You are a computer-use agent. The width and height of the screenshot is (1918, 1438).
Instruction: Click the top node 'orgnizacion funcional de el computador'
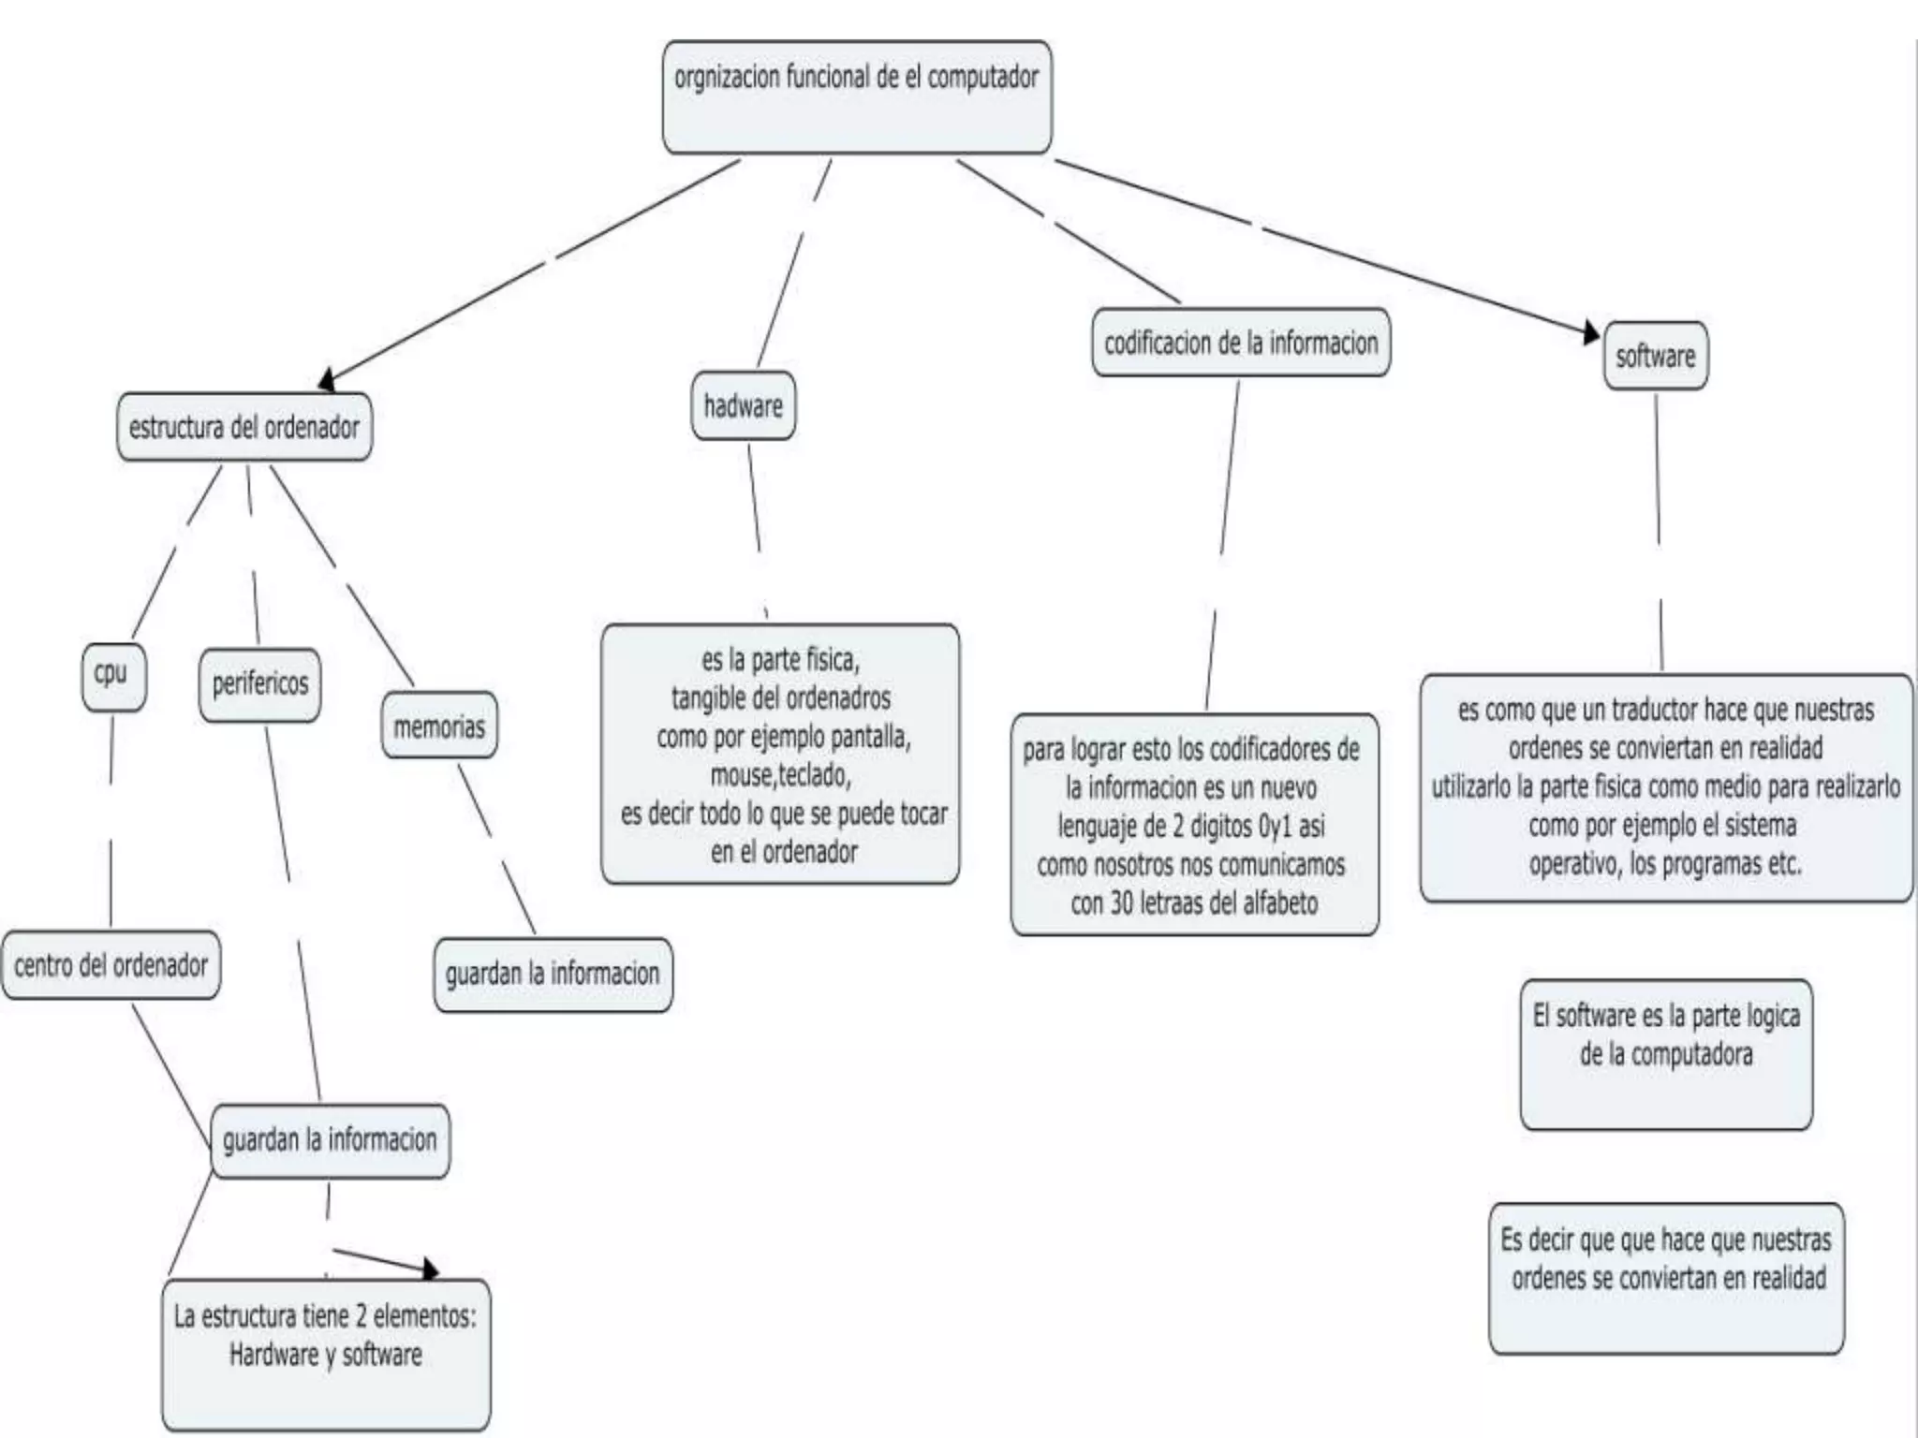point(856,96)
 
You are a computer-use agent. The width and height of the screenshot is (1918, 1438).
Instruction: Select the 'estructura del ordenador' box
point(244,427)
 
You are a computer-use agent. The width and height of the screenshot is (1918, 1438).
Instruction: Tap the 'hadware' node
point(743,405)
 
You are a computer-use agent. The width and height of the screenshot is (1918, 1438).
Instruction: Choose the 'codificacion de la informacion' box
point(1241,343)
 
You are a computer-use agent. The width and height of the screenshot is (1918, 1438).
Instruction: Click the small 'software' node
point(1655,356)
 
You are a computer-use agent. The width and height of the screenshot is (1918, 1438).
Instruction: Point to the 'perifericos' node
point(259,684)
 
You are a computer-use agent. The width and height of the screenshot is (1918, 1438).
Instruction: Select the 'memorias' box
point(439,726)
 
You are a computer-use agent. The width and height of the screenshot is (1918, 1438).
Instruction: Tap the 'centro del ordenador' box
point(111,965)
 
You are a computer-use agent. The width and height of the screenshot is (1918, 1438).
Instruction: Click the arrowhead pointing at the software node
point(1591,333)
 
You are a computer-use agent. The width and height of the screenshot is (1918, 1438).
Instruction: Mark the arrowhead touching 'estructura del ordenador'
point(327,379)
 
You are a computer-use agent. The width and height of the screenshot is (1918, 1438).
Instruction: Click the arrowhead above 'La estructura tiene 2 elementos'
point(430,1269)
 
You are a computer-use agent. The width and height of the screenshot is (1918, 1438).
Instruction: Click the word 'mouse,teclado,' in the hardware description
point(780,775)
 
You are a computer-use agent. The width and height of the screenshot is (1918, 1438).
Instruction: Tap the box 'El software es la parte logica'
point(1666,1054)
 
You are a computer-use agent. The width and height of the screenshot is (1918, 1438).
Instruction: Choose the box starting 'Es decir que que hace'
point(1666,1278)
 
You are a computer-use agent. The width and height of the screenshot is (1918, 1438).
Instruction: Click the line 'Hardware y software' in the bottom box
point(326,1355)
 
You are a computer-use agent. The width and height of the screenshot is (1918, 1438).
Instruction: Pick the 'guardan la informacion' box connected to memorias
point(553,975)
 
